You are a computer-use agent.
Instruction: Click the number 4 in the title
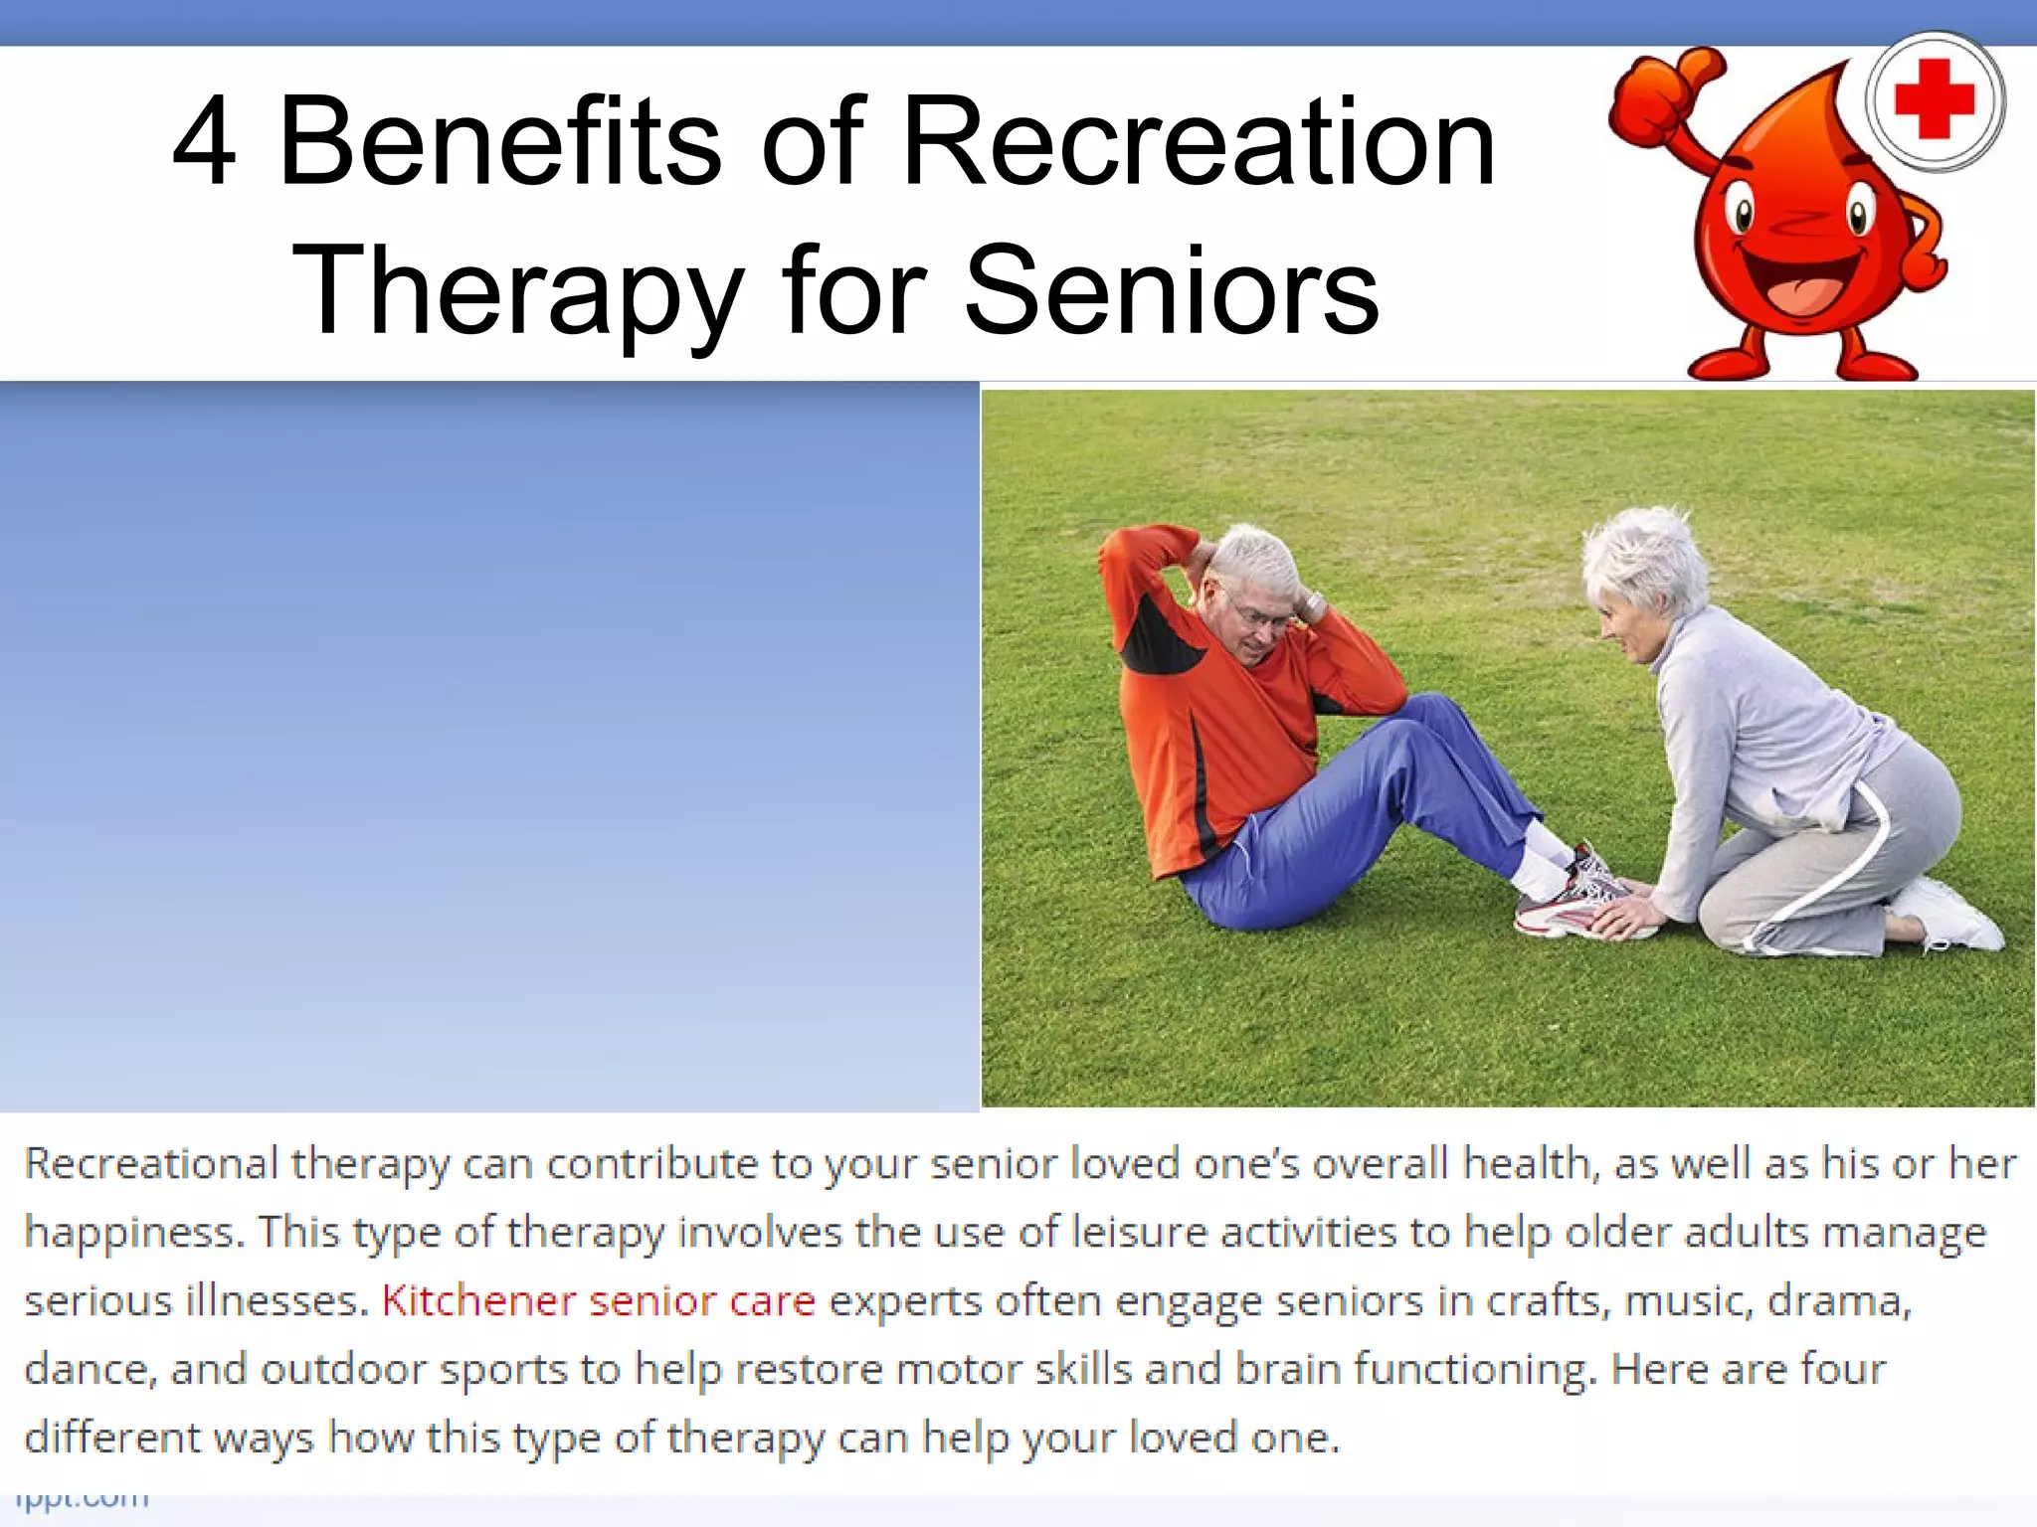point(205,142)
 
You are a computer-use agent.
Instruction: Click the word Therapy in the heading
point(517,290)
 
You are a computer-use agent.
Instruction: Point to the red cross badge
point(1934,100)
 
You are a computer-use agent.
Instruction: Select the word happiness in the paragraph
point(132,1233)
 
